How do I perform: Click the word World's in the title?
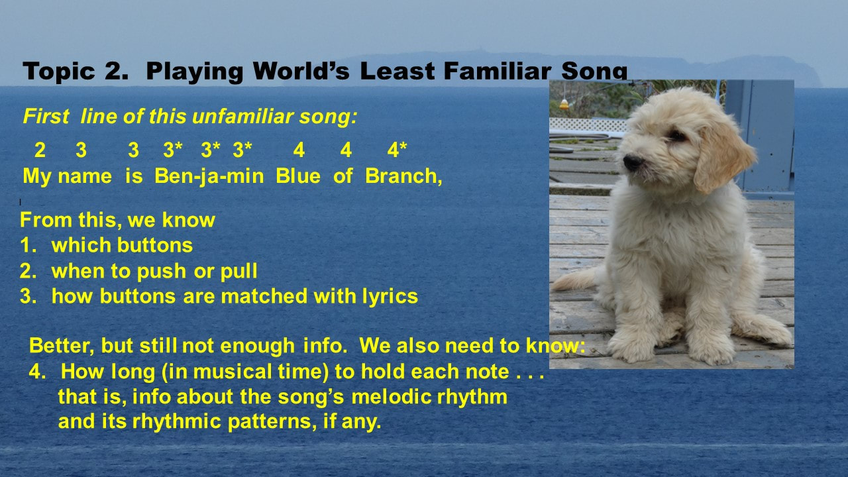pyautogui.click(x=301, y=71)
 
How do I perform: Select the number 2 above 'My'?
pyautogui.click(x=40, y=150)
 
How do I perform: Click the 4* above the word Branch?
pyautogui.click(x=397, y=150)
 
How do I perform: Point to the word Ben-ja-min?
pyautogui.click(x=209, y=176)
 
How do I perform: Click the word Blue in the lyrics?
pyautogui.click(x=298, y=176)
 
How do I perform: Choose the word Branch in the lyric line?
pyautogui.click(x=401, y=176)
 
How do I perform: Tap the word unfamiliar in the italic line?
pyautogui.click(x=243, y=116)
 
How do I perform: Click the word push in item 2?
pyautogui.click(x=162, y=272)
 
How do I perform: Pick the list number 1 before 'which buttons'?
pyautogui.click(x=28, y=245)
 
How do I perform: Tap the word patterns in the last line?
pyautogui.click(x=272, y=421)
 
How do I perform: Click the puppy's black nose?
pyautogui.click(x=632, y=162)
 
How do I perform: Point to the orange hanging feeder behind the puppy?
pyautogui.click(x=564, y=103)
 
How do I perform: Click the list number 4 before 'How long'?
pyautogui.click(x=37, y=372)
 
